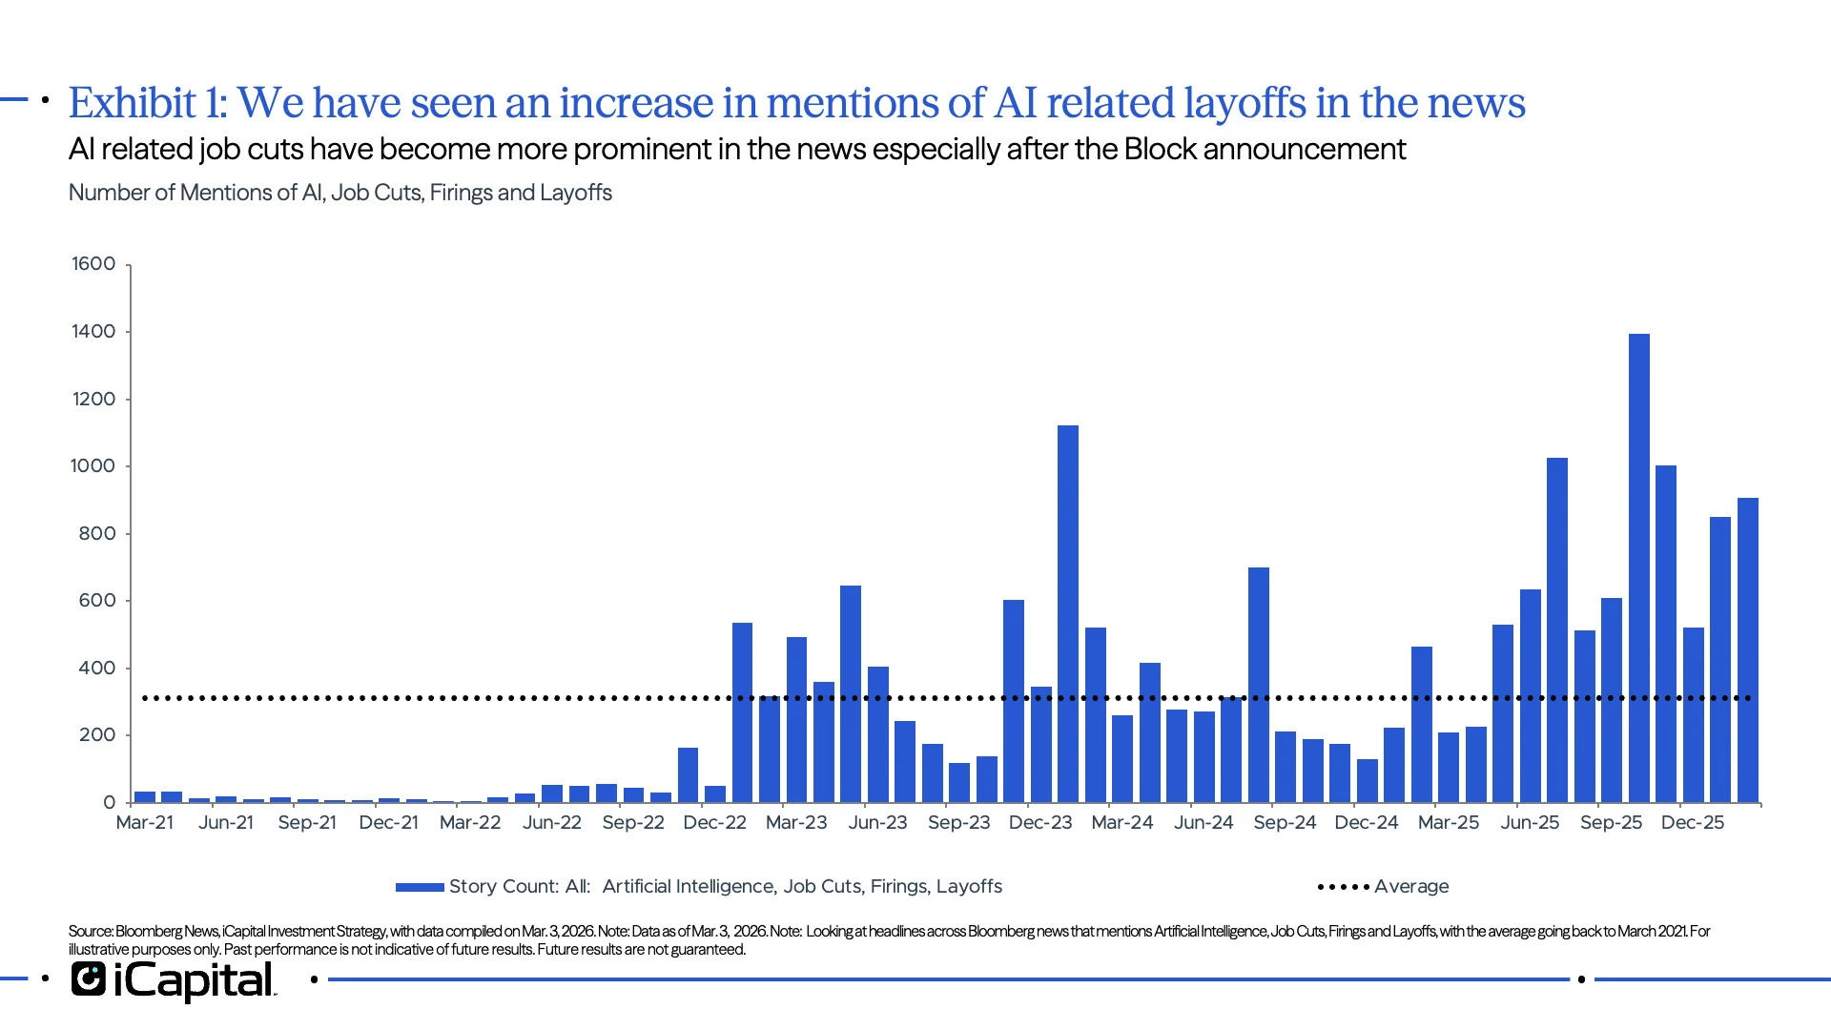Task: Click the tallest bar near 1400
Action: click(1638, 572)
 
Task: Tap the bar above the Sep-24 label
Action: click(1285, 767)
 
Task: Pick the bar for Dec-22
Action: click(714, 793)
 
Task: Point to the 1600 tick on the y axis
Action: click(93, 264)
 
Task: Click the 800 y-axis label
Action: click(96, 534)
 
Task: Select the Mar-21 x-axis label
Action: click(145, 822)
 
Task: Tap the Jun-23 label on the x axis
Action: click(877, 822)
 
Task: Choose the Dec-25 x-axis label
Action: click(1692, 822)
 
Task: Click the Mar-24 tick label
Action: click(1121, 822)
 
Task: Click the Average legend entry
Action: click(1410, 886)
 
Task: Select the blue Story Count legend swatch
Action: click(420, 887)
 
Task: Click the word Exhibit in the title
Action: click(133, 103)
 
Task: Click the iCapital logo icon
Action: click(89, 979)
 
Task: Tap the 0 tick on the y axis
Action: click(109, 803)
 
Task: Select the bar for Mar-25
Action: click(1448, 768)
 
